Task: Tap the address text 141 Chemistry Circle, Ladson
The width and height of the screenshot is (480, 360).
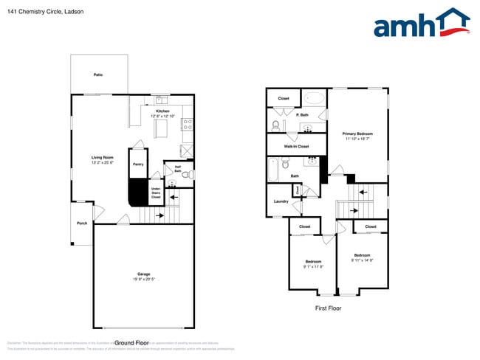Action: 36,12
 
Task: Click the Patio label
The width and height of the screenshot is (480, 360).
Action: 98,75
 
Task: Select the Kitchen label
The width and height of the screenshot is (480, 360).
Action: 162,111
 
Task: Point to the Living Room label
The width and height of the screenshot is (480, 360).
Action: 102,157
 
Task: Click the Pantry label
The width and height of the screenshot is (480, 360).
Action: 137,165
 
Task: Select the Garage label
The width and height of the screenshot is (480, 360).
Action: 143,274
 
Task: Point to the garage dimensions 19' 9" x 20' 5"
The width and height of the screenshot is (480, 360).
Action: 143,280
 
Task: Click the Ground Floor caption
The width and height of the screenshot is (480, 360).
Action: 131,343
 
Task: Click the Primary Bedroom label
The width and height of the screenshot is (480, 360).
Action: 357,134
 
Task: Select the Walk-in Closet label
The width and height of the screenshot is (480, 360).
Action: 296,147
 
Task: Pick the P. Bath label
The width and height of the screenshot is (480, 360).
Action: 302,115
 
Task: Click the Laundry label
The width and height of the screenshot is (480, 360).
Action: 281,201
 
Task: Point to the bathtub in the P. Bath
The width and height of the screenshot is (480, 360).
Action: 315,98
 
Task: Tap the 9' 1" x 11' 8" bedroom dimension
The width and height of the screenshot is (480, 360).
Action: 313,266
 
